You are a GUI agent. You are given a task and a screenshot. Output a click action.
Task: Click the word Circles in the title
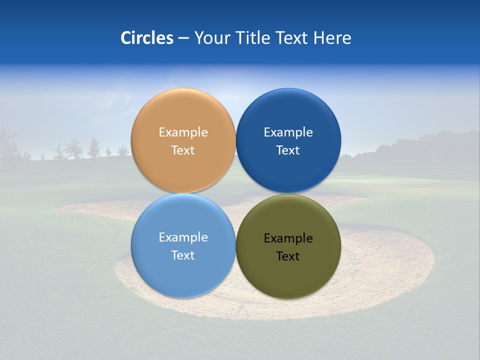(x=146, y=38)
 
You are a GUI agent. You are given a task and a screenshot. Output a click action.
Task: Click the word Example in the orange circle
(x=183, y=132)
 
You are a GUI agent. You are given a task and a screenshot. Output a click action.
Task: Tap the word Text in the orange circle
(x=183, y=150)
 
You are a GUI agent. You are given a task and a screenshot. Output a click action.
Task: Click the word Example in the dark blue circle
(x=288, y=132)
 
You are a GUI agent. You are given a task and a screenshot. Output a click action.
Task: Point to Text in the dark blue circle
(x=288, y=150)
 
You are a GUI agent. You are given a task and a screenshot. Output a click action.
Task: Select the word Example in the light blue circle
(x=183, y=237)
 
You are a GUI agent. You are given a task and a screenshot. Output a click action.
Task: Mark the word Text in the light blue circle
(x=183, y=255)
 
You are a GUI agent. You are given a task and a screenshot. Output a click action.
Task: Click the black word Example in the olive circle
(x=288, y=238)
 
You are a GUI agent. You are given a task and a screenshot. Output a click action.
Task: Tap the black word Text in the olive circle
(x=288, y=256)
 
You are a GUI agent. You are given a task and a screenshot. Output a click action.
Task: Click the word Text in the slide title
(x=292, y=38)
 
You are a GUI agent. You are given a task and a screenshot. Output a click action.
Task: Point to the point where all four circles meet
(x=236, y=193)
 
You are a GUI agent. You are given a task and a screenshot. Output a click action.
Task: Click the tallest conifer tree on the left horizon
(x=93, y=148)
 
